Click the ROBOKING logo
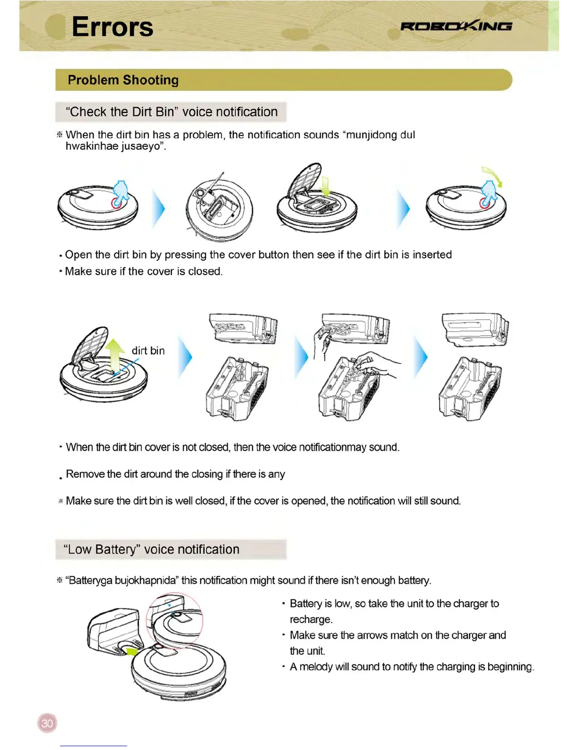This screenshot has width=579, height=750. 456,26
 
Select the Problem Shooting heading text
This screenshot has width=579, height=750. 123,80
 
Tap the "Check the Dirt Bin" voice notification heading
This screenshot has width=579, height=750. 171,112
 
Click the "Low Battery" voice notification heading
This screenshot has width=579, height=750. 151,550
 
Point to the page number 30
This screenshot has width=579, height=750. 47,723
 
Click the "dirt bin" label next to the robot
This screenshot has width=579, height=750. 148,351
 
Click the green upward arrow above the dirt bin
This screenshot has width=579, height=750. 114,355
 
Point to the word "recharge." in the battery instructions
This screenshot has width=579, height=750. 311,619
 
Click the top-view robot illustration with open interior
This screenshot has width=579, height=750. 219,208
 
